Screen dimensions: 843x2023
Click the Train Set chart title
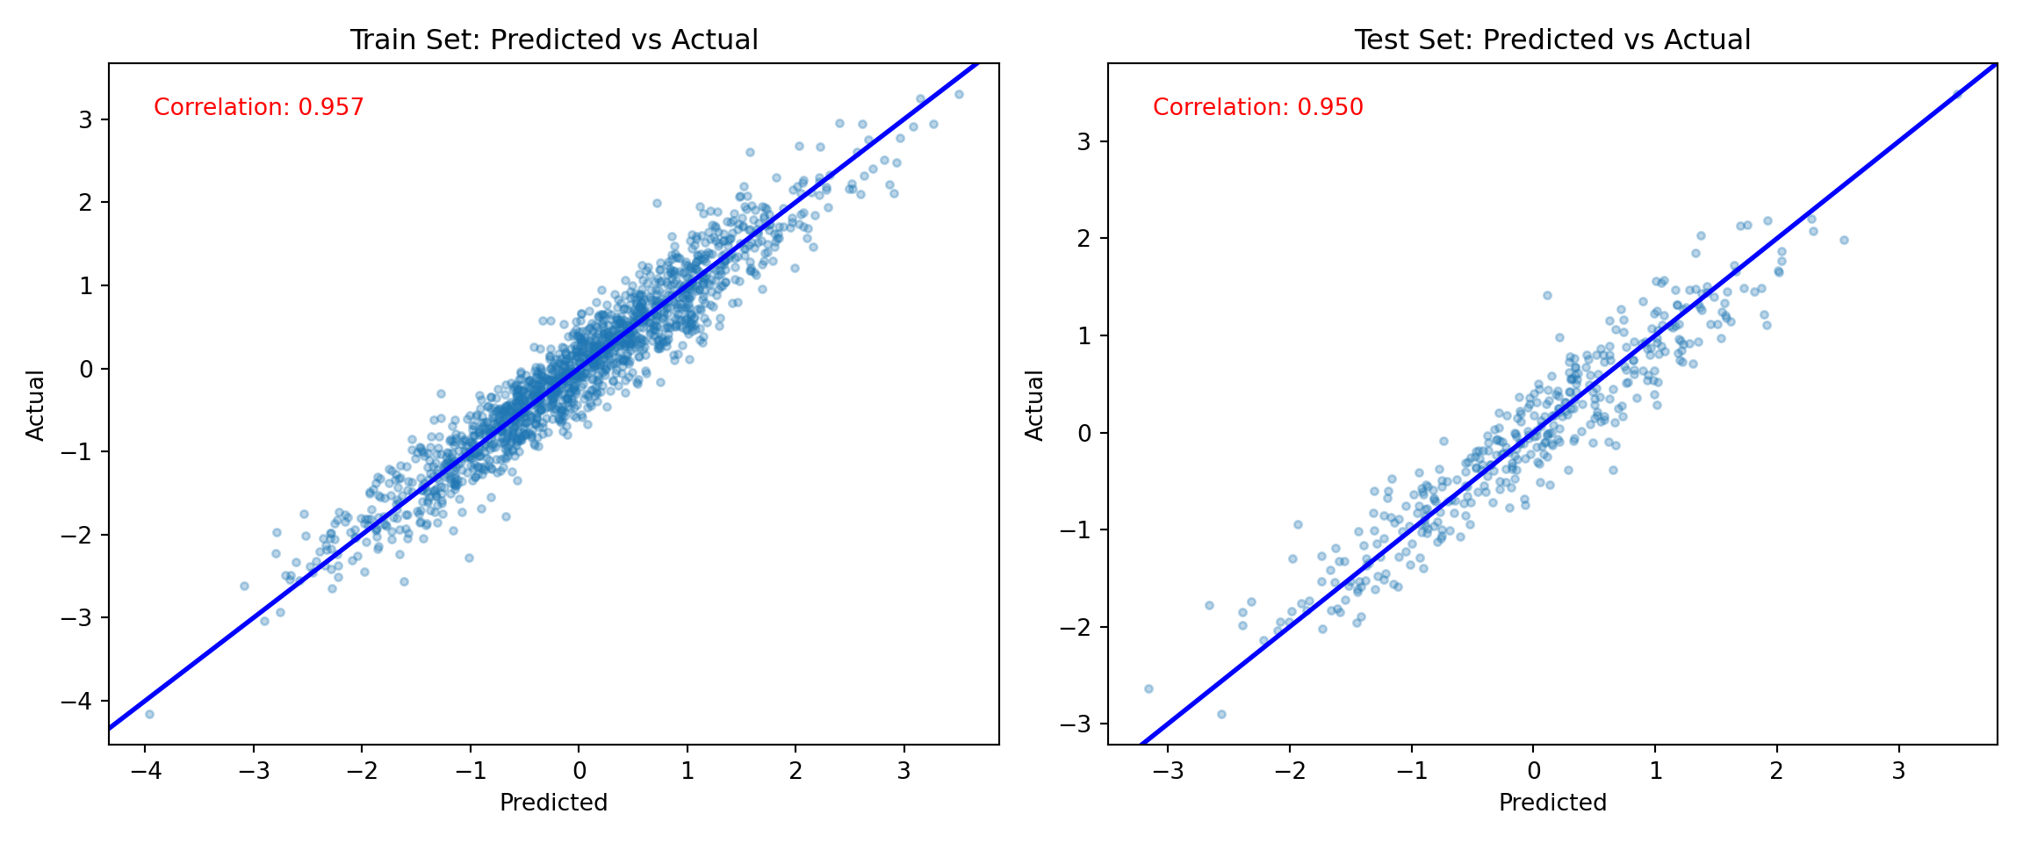point(553,40)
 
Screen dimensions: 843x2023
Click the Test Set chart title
point(1551,40)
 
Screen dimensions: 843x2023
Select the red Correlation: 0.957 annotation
point(258,107)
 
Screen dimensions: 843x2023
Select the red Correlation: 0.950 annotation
point(1257,107)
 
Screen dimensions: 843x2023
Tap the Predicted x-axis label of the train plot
point(553,803)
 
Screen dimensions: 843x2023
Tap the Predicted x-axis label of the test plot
point(1551,803)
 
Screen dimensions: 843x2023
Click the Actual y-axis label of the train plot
point(35,405)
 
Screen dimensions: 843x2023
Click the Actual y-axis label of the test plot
point(1034,405)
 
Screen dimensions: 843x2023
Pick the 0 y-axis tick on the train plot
point(86,369)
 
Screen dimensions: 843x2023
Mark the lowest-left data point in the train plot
point(149,714)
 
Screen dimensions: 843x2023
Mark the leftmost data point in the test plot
point(1148,688)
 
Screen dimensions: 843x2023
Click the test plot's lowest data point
point(1221,714)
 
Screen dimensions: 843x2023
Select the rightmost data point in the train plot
point(959,94)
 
